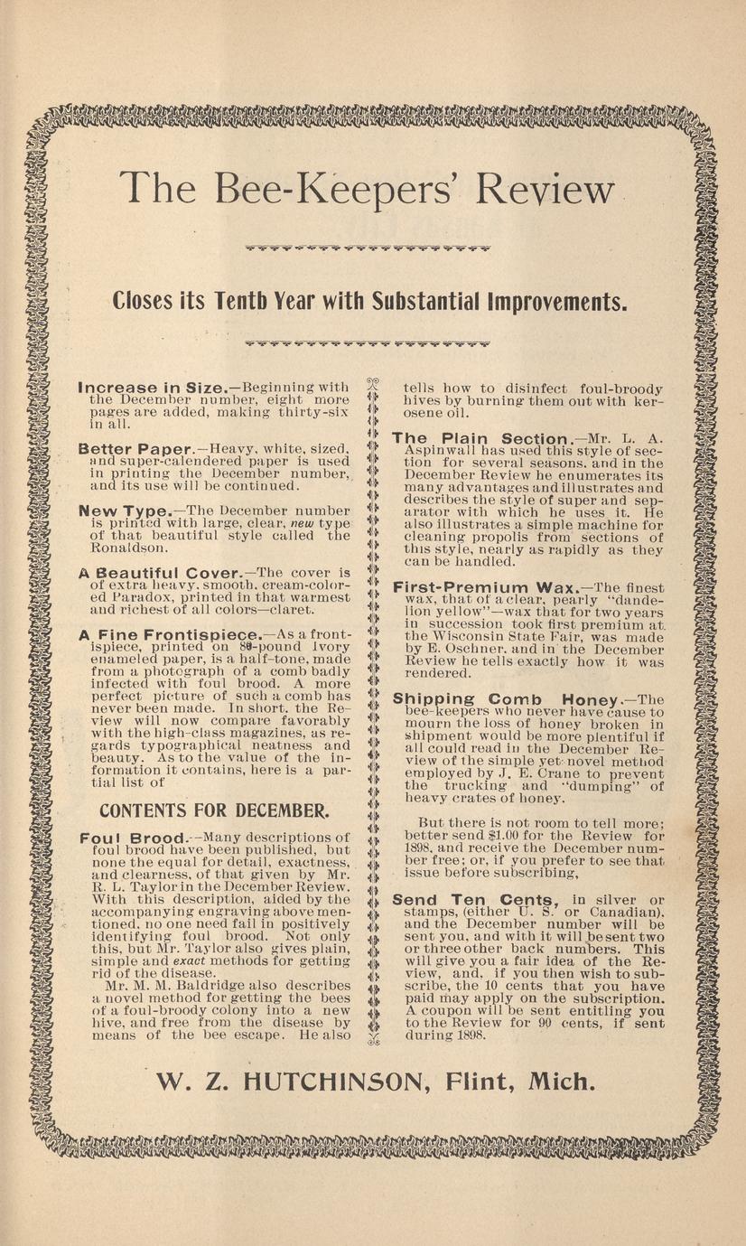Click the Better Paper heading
pyautogui.click(x=136, y=448)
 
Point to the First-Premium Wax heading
pyautogui.click(x=485, y=587)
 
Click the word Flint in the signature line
pyautogui.click(x=490, y=1082)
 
